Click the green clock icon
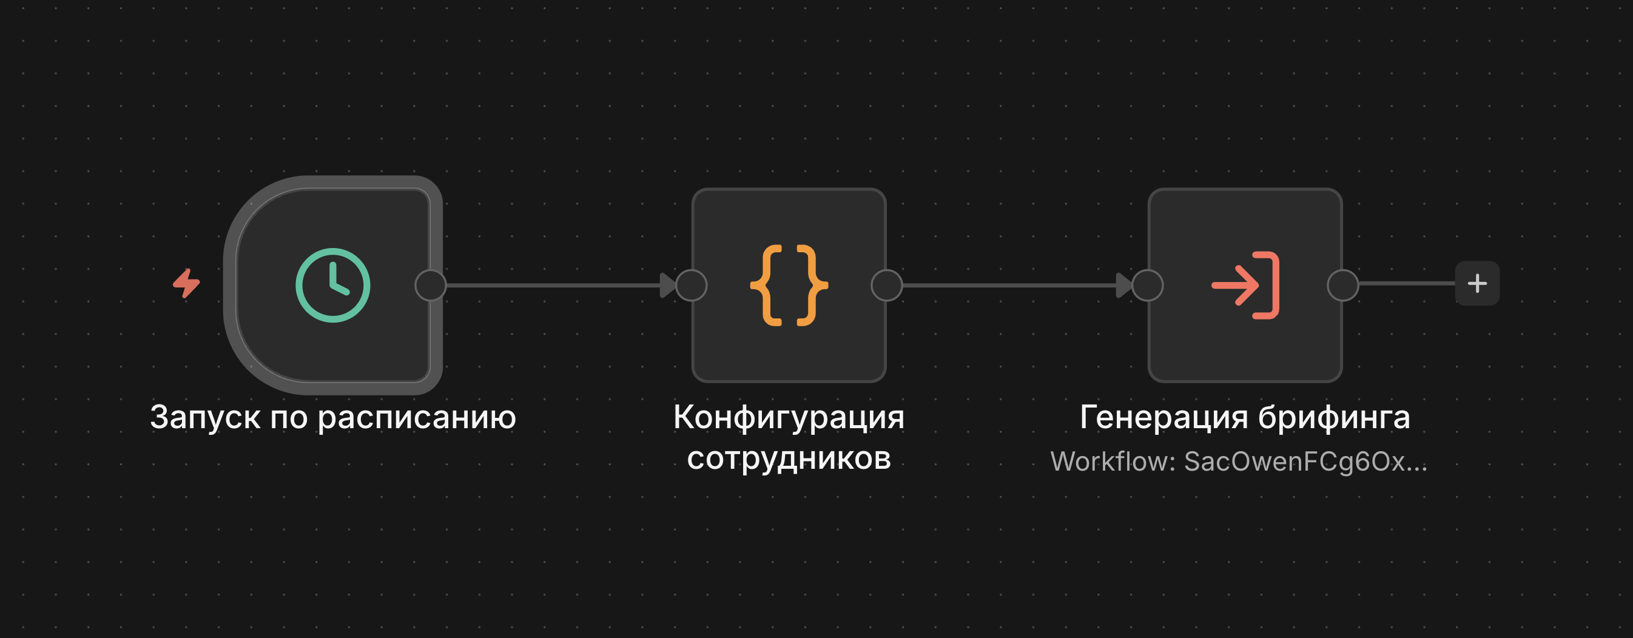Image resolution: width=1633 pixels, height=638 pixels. [333, 285]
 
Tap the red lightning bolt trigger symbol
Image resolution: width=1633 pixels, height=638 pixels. [186, 283]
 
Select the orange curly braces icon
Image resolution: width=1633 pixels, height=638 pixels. [789, 285]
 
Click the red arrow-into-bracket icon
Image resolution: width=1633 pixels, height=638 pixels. [1245, 285]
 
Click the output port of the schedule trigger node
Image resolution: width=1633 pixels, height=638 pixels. [431, 285]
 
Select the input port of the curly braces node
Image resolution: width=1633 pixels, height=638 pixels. [691, 285]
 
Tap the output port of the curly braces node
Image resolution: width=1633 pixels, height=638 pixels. [886, 285]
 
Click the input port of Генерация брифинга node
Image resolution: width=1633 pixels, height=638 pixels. [1148, 285]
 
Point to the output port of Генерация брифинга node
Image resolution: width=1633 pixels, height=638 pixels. [1342, 285]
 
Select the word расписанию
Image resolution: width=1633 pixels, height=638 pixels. [417, 417]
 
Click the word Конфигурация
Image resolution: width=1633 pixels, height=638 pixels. [789, 417]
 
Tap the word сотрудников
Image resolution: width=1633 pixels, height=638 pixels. [789, 458]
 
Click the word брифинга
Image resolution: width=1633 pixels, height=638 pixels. [1334, 417]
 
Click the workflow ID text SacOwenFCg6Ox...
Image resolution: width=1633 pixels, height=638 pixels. [1293, 462]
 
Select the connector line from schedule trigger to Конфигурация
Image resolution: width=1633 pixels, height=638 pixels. [551, 285]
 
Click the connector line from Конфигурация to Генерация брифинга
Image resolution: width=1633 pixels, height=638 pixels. [1008, 285]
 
